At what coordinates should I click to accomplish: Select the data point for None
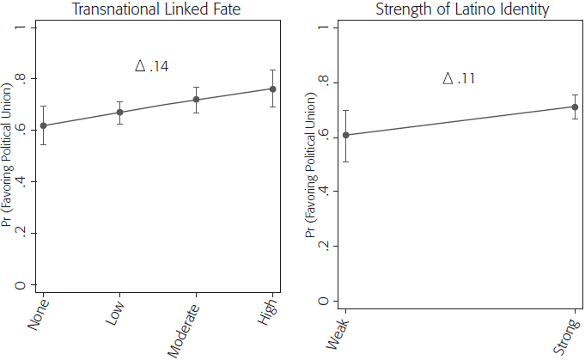coord(44,125)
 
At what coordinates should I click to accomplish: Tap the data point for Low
coord(120,113)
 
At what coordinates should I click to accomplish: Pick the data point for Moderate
coord(197,100)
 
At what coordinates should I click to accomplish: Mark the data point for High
coord(272,88)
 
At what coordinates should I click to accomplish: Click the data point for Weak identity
coord(346,135)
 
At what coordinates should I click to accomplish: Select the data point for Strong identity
coord(575,107)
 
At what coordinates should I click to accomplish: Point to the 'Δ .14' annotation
coord(151,66)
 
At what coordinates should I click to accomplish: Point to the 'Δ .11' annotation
coord(460,78)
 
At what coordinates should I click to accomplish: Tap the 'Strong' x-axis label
coord(566,334)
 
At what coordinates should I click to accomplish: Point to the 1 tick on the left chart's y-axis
coord(30,27)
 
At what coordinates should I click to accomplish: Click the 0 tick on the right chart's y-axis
coord(324,301)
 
